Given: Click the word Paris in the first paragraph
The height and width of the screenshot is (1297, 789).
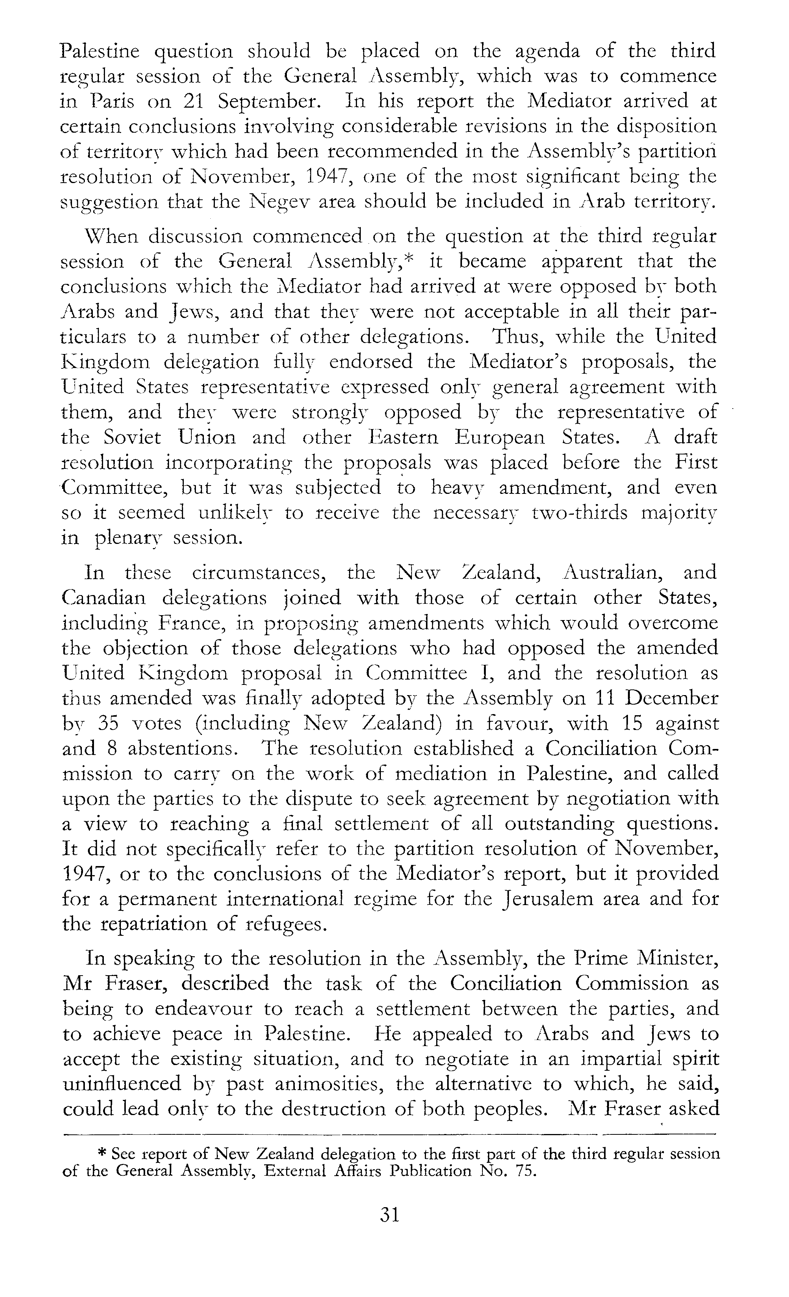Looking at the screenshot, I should (x=110, y=102).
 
